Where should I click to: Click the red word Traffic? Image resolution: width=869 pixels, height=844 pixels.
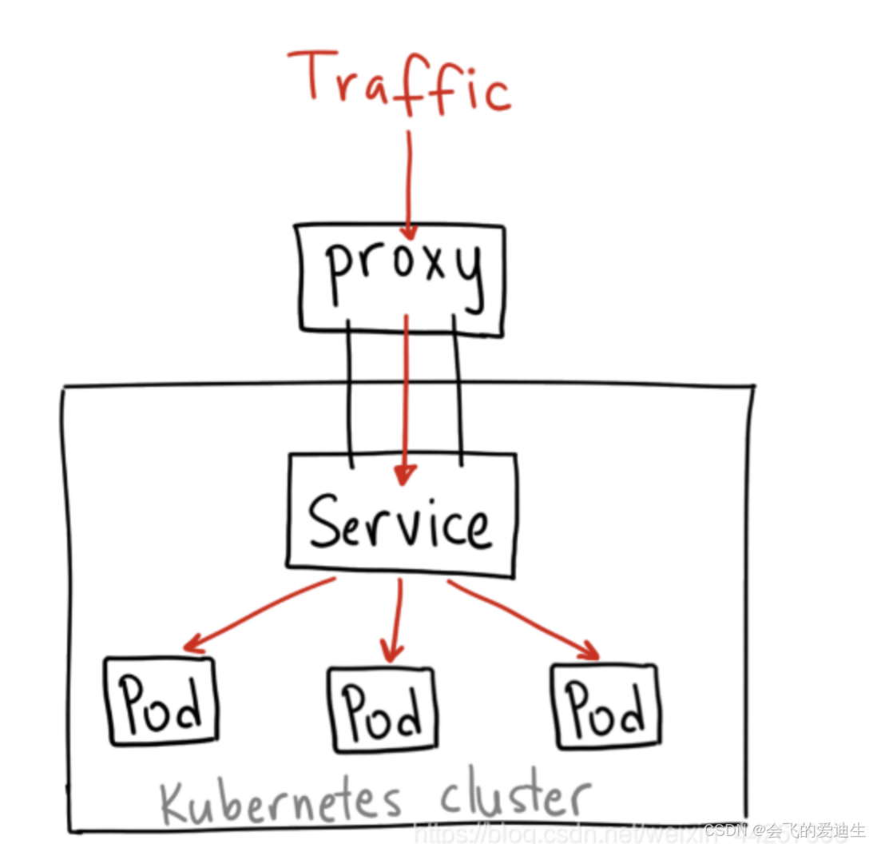tap(399, 84)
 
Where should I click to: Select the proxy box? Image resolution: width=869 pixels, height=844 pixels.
tap(402, 276)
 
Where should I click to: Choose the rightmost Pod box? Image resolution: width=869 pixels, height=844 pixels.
tap(607, 706)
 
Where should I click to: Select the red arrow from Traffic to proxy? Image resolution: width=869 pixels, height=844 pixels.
tap(408, 184)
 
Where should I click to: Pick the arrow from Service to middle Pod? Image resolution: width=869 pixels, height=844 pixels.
tap(395, 619)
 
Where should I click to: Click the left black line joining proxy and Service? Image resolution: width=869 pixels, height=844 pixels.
tap(349, 392)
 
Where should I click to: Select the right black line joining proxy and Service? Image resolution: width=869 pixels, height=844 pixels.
tap(458, 392)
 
